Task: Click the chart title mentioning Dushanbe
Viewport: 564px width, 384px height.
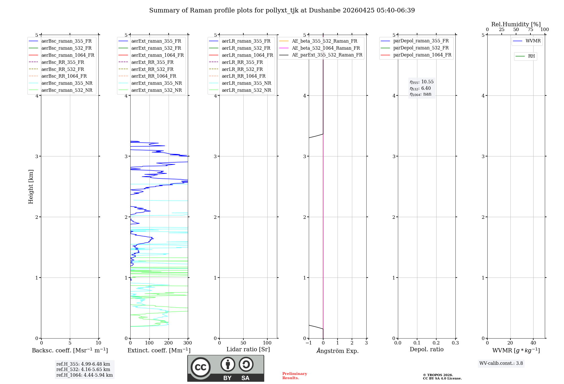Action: coord(282,10)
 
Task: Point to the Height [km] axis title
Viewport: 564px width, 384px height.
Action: coord(31,187)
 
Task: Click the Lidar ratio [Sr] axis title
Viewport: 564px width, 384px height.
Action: coord(248,349)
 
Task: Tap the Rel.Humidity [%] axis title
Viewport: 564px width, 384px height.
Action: coord(516,24)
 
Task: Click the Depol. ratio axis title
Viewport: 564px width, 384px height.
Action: coord(426,349)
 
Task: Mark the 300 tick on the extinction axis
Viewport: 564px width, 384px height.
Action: coord(188,343)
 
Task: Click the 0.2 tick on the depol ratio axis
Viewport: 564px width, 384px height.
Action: coord(436,343)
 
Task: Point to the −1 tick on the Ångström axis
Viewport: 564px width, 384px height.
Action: coord(309,343)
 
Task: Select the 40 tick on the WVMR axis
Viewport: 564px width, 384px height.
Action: coord(533,343)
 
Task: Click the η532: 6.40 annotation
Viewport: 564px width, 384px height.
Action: coord(420,88)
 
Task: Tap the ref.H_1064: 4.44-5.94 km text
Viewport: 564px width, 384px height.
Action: coord(84,375)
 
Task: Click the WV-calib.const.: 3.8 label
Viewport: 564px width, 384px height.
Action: coord(501,363)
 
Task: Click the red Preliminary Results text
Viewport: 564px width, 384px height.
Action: coord(294,376)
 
